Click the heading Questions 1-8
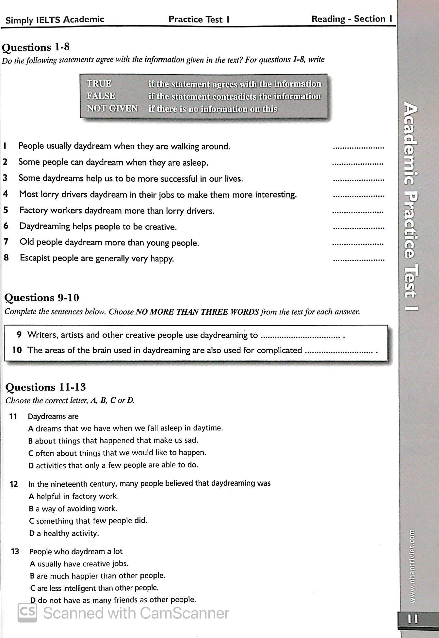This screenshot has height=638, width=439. (x=36, y=47)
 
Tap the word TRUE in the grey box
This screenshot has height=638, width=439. (x=99, y=84)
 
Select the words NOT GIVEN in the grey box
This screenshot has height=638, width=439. (x=112, y=109)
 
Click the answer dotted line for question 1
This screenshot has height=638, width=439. (x=358, y=148)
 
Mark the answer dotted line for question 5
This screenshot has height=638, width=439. (x=358, y=212)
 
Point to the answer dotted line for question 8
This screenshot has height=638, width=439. (x=359, y=260)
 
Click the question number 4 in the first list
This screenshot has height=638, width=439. (x=6, y=194)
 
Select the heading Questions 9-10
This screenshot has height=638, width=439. (x=41, y=298)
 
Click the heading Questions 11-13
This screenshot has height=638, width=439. (x=45, y=387)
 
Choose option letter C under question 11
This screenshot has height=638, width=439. (x=31, y=453)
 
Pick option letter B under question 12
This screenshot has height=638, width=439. (x=31, y=509)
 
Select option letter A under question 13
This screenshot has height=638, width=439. (x=32, y=564)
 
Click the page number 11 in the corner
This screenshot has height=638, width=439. (x=413, y=619)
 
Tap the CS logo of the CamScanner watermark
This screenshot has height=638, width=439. (x=27, y=612)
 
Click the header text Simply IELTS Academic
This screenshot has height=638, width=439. (x=55, y=20)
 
